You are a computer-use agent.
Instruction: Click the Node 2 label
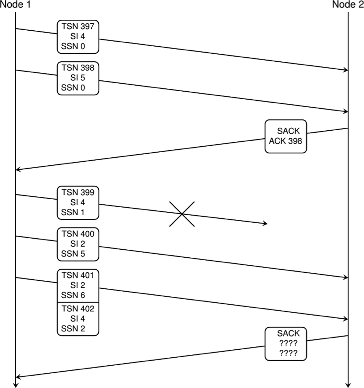tap(348, 5)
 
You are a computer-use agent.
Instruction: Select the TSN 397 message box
tap(78, 37)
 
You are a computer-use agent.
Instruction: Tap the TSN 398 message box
tap(78, 78)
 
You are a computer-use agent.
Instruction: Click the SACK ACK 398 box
tap(286, 136)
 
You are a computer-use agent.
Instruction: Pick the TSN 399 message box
tap(78, 202)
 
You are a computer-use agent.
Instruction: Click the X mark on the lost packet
tap(182, 214)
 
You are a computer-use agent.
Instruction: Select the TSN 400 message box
tap(78, 244)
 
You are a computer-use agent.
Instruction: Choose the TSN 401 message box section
tap(78, 285)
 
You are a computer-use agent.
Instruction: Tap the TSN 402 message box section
tap(78, 319)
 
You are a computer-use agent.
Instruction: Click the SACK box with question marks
tap(286, 344)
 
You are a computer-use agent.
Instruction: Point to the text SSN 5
tap(73, 254)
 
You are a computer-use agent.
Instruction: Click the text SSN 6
tap(73, 295)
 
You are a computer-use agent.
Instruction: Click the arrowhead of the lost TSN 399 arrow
tap(266, 224)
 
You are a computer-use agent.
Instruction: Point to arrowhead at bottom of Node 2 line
tap(348, 385)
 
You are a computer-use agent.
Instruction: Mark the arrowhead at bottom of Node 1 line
tap(16, 385)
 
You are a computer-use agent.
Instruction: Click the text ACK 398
tap(286, 141)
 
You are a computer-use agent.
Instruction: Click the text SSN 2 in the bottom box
tap(73, 329)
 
